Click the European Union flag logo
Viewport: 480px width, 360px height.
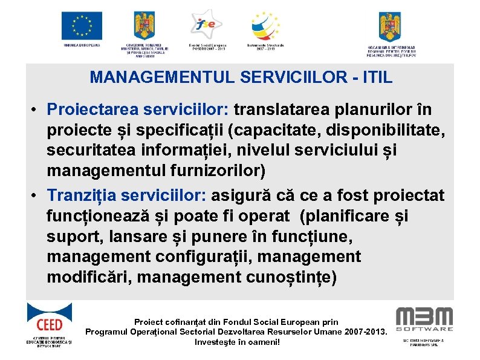coord(82,25)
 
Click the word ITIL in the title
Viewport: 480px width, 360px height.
coord(375,77)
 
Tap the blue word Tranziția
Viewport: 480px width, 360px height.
coord(82,195)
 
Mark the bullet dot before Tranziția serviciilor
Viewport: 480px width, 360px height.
coord(36,196)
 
